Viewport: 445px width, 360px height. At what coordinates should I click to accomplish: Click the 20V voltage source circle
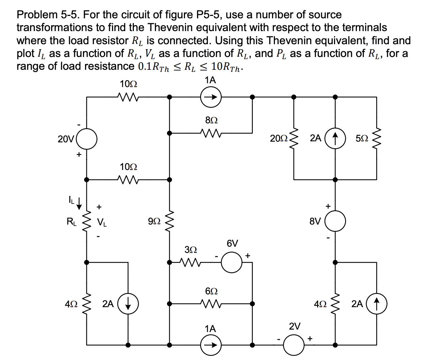86,139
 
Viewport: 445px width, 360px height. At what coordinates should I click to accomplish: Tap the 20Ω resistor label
279,139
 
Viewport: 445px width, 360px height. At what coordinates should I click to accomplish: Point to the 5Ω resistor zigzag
377,138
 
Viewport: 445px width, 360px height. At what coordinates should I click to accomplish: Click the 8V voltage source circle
335,221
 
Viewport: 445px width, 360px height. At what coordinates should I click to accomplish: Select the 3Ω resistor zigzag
191,263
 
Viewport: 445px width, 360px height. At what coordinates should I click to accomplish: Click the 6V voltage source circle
232,263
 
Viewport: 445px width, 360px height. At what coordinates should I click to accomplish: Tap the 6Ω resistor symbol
211,304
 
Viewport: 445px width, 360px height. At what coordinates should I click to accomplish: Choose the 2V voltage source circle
294,345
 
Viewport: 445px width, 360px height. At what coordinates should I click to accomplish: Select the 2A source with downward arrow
128,304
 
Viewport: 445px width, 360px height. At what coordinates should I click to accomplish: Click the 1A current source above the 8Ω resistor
211,97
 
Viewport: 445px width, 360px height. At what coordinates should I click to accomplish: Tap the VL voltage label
102,222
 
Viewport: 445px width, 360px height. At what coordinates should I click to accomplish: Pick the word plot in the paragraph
26,54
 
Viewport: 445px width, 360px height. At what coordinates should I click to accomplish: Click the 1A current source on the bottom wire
211,345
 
